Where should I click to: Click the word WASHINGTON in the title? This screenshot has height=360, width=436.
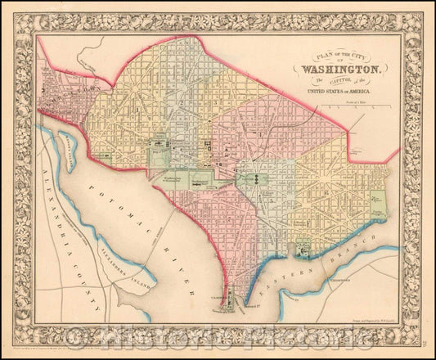click(340, 70)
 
